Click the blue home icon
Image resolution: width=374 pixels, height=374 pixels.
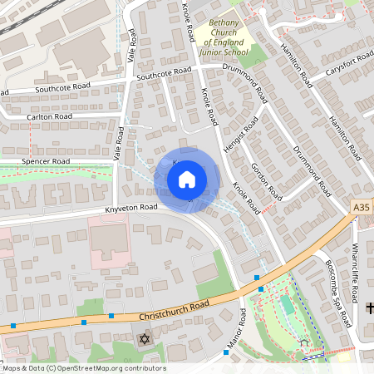(x=187, y=180)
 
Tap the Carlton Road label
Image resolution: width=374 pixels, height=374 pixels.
(x=49, y=117)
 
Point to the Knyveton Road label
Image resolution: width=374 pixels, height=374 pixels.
(x=131, y=208)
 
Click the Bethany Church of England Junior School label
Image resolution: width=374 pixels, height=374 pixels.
(x=228, y=37)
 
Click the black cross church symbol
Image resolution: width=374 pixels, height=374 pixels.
(x=370, y=308)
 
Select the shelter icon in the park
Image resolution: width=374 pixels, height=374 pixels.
(x=304, y=342)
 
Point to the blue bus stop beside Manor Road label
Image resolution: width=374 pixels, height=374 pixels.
(x=225, y=352)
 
